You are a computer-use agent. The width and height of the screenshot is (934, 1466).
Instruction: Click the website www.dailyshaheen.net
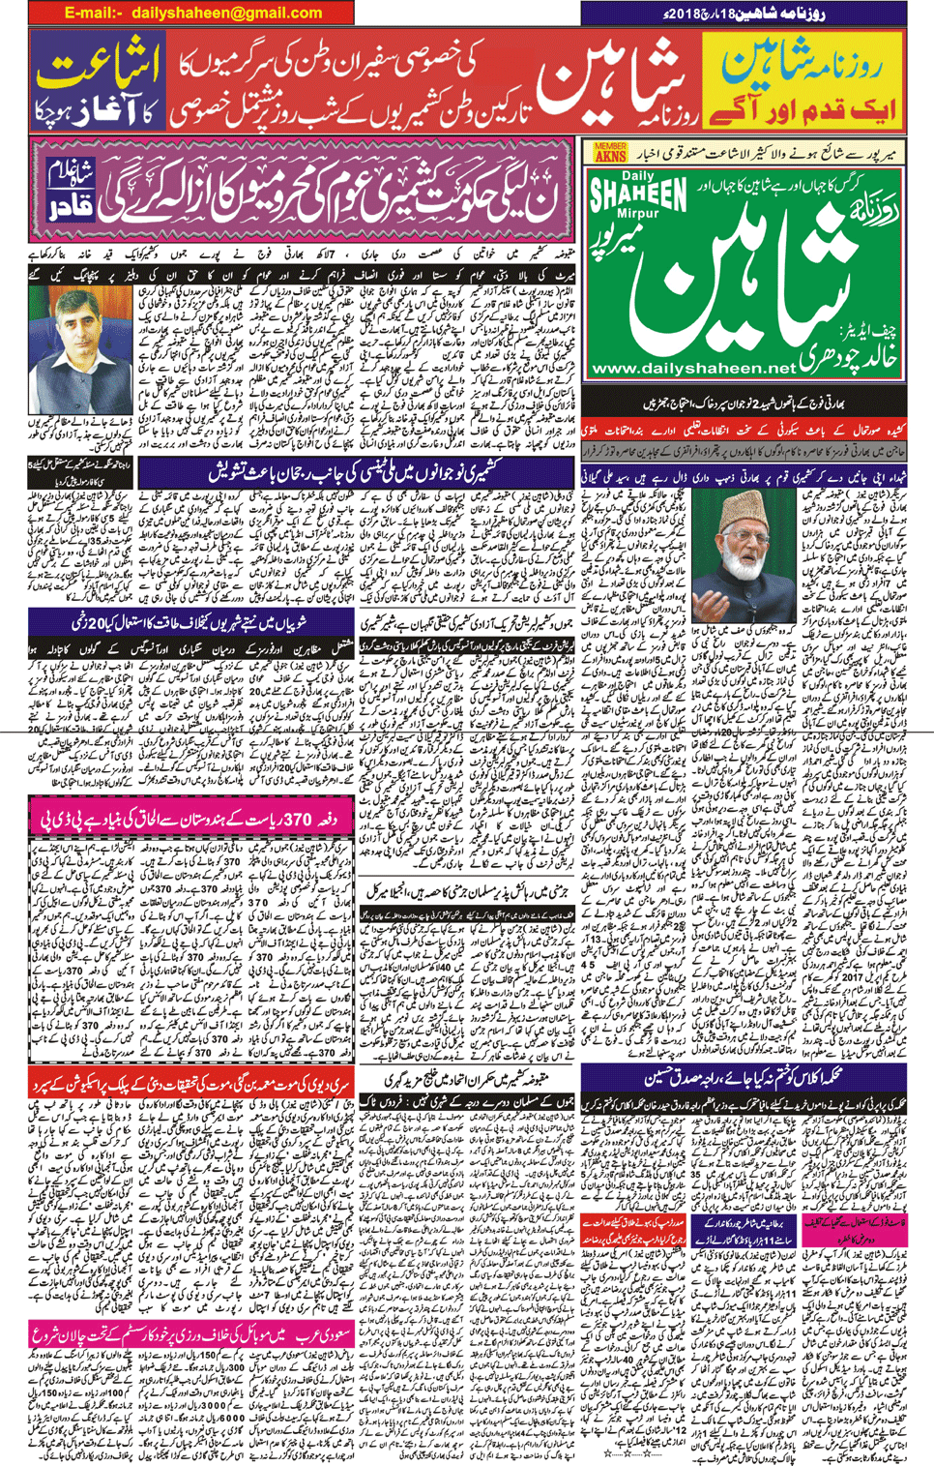(x=692, y=369)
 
